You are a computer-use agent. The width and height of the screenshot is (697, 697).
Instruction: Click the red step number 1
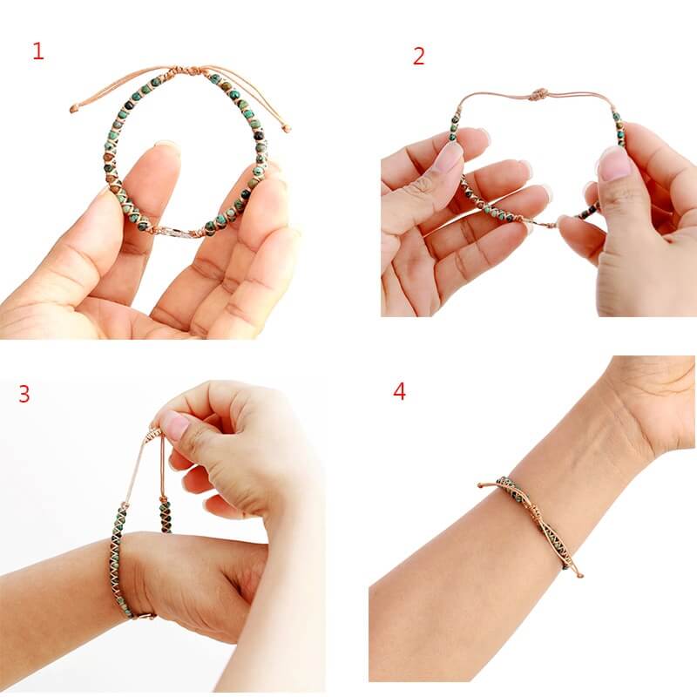(x=37, y=51)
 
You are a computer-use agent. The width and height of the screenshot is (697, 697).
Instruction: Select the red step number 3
(x=24, y=394)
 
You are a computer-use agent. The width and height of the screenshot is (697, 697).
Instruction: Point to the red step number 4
(x=399, y=391)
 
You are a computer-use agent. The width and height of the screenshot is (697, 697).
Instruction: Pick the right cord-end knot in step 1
(x=287, y=129)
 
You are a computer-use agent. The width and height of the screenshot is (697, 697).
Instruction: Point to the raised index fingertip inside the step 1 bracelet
(x=166, y=150)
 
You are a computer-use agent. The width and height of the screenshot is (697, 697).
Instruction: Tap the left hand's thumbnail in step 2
(x=449, y=157)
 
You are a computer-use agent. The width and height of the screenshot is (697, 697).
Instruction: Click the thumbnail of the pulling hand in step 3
(x=175, y=425)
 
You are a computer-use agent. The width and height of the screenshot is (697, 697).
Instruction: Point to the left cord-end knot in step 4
(x=481, y=484)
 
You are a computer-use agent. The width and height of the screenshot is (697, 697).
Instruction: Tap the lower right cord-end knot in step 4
(x=579, y=574)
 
